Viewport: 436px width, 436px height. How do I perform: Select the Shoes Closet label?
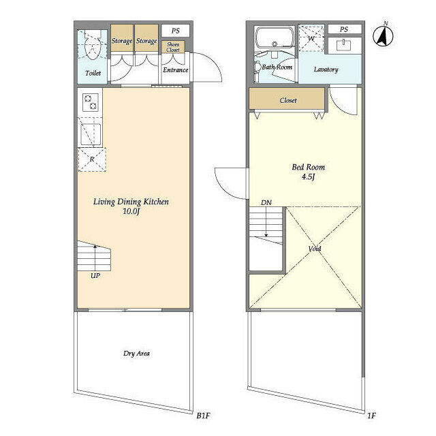[x=173, y=47]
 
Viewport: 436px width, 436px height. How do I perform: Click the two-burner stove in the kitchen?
[x=91, y=102]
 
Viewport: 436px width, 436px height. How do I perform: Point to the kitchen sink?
[x=91, y=134]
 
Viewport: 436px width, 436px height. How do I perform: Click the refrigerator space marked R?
[x=92, y=159]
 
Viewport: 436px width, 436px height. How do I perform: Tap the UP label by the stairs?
[x=95, y=276]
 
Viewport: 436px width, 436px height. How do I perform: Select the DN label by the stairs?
[x=266, y=203]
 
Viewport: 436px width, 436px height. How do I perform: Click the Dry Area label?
[x=136, y=354]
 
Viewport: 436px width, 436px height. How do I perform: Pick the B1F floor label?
[x=203, y=416]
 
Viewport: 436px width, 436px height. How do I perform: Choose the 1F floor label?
[x=371, y=416]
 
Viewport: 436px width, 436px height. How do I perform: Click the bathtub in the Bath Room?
[x=275, y=37]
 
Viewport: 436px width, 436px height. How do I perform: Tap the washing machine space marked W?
[x=311, y=39]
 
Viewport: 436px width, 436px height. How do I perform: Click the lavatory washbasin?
[x=344, y=45]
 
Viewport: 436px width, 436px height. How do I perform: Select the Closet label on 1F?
[x=288, y=100]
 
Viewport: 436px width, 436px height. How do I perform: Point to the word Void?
[x=315, y=248]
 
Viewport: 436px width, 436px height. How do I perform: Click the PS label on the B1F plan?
[x=176, y=31]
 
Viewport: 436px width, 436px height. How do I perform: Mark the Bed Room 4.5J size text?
[x=308, y=177]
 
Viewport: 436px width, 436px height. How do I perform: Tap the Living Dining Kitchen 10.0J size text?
[x=131, y=211]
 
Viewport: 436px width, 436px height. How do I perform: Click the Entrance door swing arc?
[x=215, y=63]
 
